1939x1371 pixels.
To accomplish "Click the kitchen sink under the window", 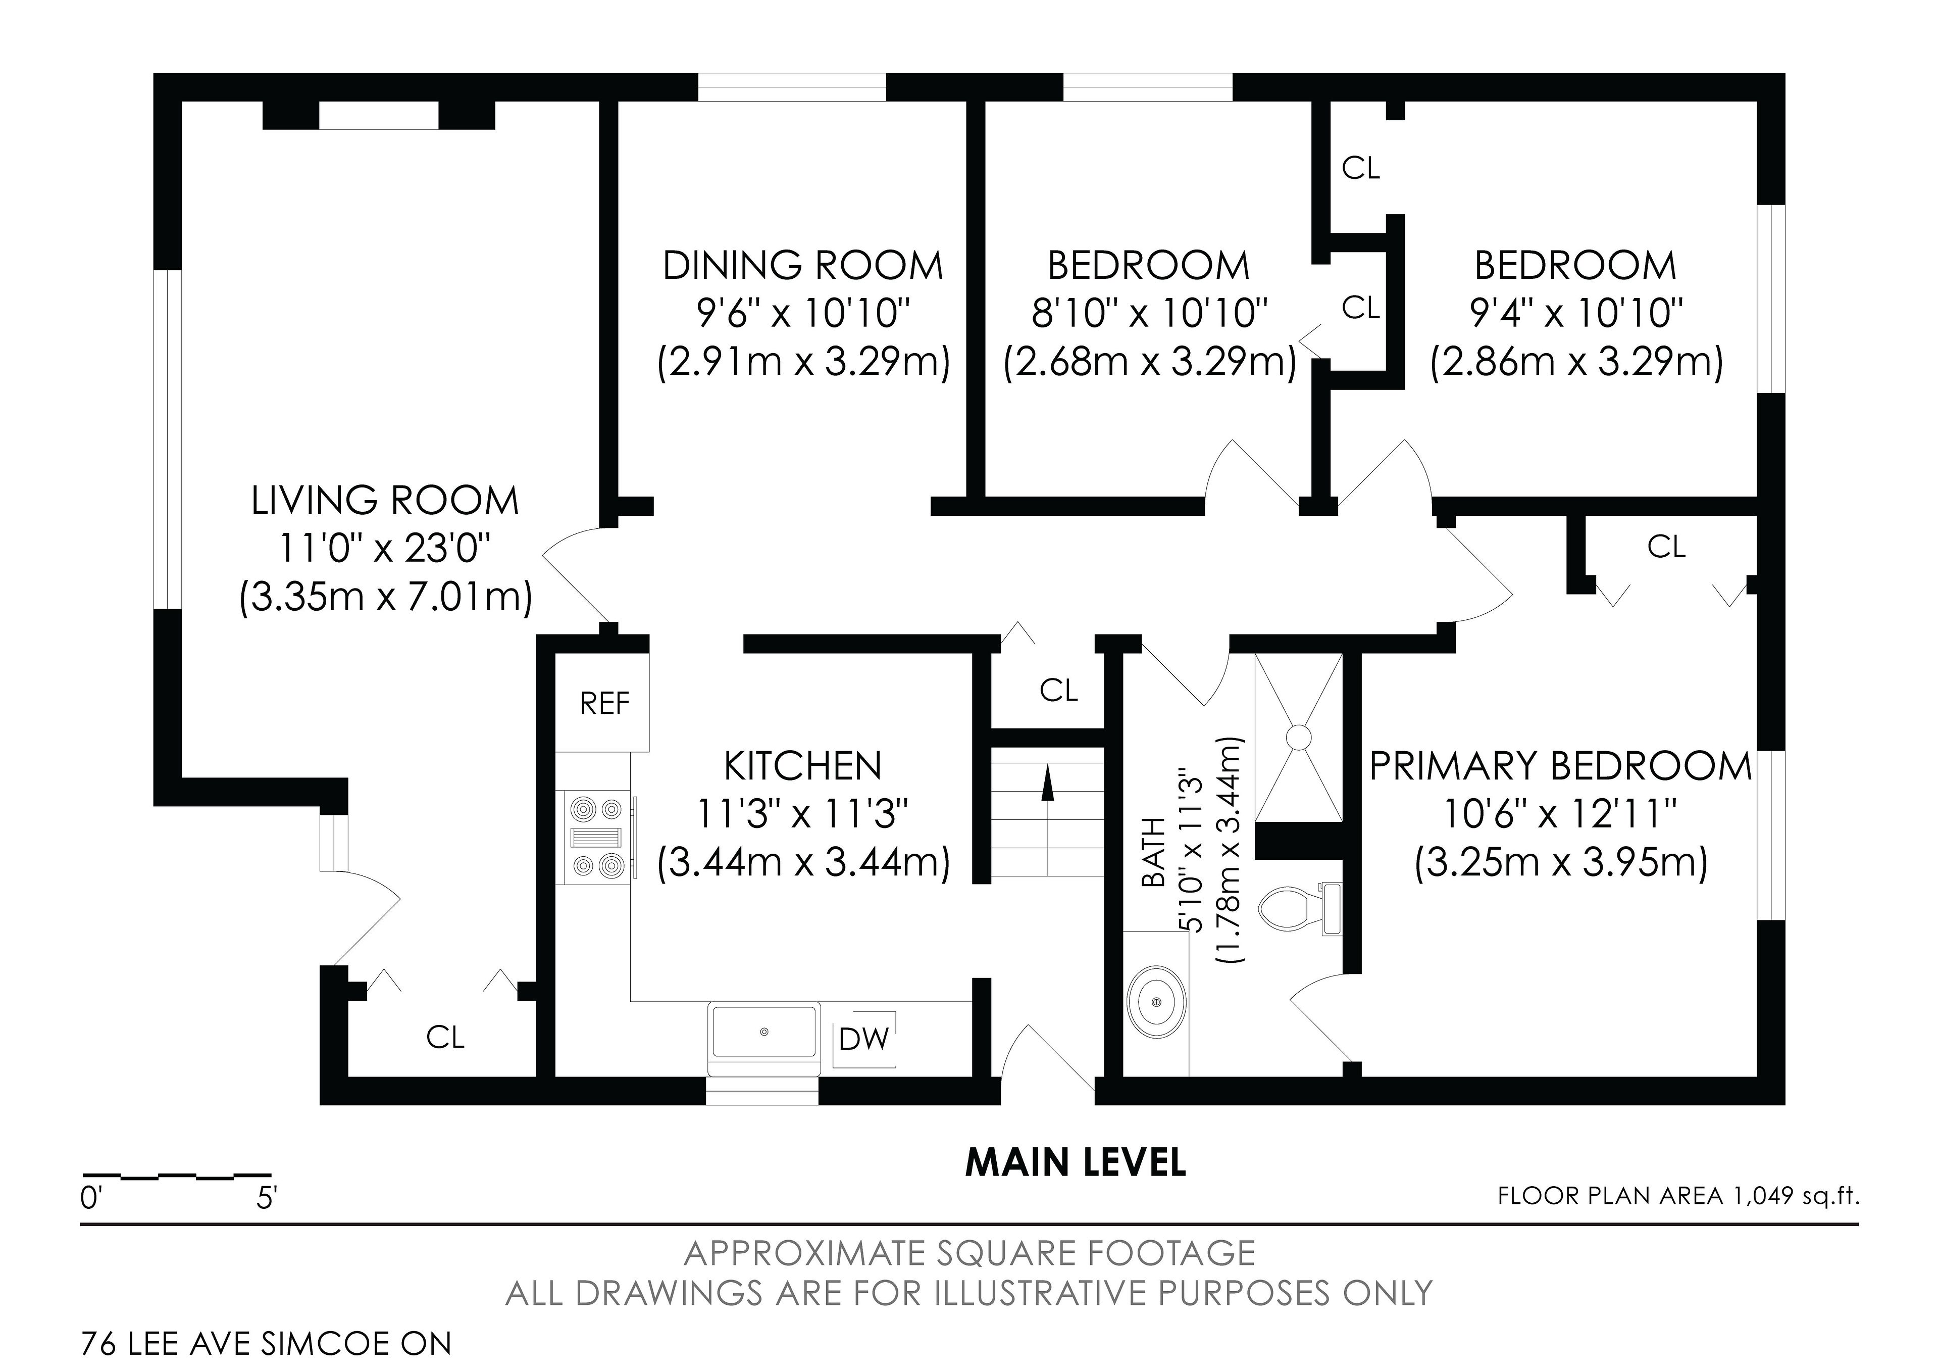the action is [764, 1032].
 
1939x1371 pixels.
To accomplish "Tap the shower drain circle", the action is [1298, 737].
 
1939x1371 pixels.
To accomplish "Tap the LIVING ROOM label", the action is [385, 501].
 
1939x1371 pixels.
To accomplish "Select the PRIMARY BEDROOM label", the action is [1561, 767].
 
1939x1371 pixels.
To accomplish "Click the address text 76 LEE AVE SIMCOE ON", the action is [266, 1344].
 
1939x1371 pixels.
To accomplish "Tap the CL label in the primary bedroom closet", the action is [1666, 548].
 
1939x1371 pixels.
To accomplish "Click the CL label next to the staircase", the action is [1059, 691].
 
